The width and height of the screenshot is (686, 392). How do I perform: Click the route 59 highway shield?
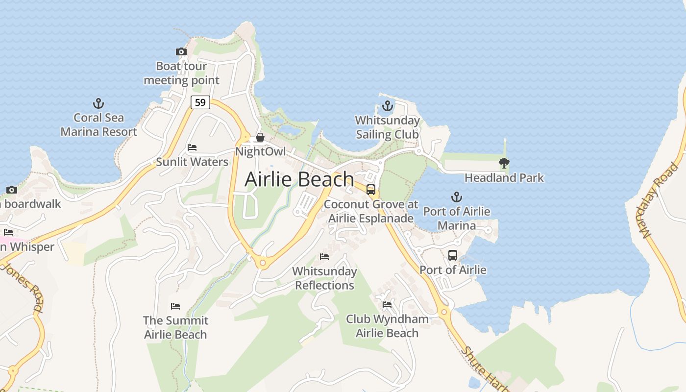click(x=200, y=102)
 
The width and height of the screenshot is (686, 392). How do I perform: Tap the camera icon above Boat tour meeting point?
click(x=181, y=51)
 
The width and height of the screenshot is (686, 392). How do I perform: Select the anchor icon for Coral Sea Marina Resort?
click(x=98, y=103)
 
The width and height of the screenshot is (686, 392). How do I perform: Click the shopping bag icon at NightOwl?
click(x=260, y=137)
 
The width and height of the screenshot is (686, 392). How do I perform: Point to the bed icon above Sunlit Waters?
click(x=192, y=147)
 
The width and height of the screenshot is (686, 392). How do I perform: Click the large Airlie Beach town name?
click(x=299, y=179)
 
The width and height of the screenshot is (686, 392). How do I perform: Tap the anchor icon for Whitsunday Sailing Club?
click(x=388, y=106)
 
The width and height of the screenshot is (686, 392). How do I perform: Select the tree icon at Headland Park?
click(x=504, y=163)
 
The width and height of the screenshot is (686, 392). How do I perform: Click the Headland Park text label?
click(x=504, y=177)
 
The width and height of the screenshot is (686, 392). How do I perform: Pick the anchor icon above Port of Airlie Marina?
click(x=456, y=197)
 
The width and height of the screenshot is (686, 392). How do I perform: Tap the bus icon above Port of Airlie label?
click(x=453, y=255)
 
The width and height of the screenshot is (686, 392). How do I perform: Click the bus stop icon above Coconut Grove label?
click(x=371, y=190)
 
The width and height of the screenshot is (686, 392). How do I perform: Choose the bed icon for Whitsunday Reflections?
click(x=324, y=256)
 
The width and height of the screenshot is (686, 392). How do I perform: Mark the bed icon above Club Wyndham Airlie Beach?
click(x=387, y=305)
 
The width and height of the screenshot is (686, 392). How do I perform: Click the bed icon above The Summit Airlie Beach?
click(x=175, y=306)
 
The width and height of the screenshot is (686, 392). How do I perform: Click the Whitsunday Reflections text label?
click(x=324, y=278)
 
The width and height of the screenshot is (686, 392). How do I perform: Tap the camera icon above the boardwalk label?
click(x=12, y=190)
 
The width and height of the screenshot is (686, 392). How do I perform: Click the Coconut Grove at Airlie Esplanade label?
click(x=371, y=211)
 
